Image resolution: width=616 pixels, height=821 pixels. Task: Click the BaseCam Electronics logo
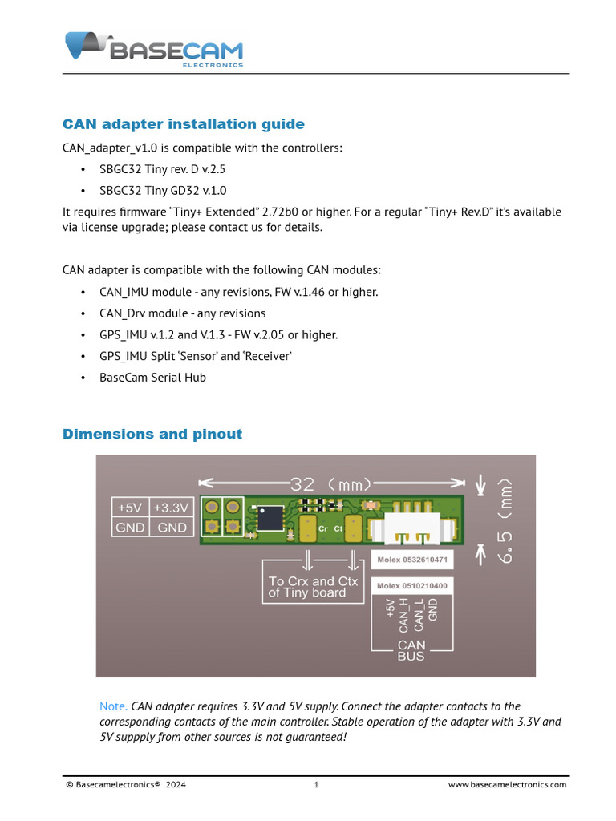[x=153, y=49]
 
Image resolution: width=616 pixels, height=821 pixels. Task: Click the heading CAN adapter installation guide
[x=184, y=124]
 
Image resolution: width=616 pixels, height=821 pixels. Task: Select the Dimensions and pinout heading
[x=152, y=434]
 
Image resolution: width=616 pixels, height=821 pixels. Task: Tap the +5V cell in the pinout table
[x=130, y=508]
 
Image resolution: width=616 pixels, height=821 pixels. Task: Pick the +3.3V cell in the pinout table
[x=172, y=508]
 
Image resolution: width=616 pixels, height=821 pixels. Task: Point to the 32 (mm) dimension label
[x=330, y=484]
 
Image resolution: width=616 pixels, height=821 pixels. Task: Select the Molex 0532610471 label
[x=413, y=558]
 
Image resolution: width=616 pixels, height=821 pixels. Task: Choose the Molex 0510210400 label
[x=412, y=586]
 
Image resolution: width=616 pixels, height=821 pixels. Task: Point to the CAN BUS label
[x=411, y=650]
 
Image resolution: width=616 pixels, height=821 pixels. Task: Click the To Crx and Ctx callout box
[x=313, y=587]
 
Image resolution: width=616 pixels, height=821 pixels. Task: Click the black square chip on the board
[x=270, y=518]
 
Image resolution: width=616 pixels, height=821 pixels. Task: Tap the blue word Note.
[x=113, y=706]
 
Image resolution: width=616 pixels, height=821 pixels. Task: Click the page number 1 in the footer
[x=317, y=785]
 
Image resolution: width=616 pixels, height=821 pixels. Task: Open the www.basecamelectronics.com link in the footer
[x=507, y=785]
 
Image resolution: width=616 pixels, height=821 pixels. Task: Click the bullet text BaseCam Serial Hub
[x=152, y=377]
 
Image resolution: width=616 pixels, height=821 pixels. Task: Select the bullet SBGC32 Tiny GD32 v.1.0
[x=163, y=191]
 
